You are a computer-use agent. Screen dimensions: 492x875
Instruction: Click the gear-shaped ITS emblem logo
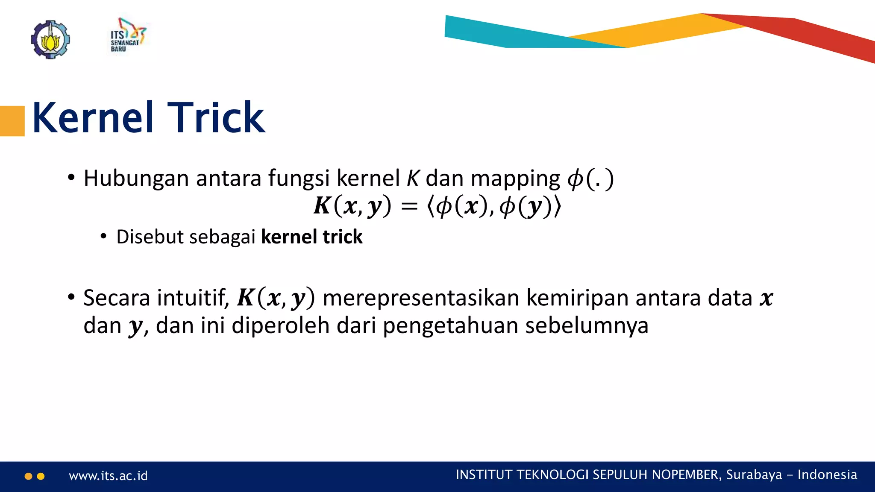click(x=50, y=40)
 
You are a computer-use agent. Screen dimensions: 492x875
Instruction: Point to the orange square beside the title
click(x=12, y=121)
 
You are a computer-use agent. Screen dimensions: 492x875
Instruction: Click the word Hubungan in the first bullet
click(x=136, y=179)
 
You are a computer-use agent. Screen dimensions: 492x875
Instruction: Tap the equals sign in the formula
click(x=409, y=207)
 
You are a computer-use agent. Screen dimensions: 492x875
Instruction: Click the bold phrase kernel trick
click(x=311, y=237)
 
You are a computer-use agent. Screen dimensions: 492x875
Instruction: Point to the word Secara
click(x=116, y=298)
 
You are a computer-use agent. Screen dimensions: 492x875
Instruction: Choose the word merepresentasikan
click(x=421, y=298)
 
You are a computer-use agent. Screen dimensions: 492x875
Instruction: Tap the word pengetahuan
click(x=450, y=326)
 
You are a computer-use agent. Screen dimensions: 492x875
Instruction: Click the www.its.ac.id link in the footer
click(x=108, y=476)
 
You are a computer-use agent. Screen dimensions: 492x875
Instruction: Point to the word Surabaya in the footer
click(x=754, y=475)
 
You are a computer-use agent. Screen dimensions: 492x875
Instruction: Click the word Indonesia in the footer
click(x=827, y=475)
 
